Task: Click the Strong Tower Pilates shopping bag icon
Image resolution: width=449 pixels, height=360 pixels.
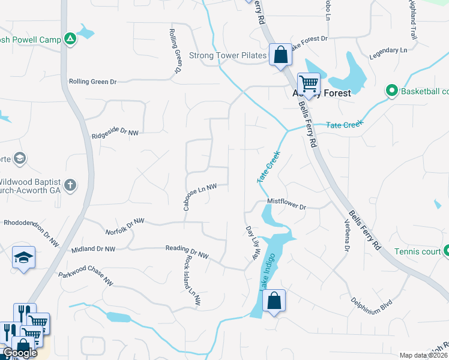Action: [280, 55]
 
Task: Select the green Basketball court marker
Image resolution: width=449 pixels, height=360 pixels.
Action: [392, 91]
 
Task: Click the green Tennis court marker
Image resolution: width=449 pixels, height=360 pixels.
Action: [445, 251]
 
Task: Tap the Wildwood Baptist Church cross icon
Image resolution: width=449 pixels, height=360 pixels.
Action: [70, 184]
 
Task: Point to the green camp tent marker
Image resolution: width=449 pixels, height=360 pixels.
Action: [70, 39]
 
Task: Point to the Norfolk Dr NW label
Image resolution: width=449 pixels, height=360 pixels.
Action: [125, 226]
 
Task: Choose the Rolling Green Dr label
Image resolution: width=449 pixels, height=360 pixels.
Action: [92, 81]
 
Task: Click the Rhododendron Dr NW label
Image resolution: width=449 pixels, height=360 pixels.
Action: [31, 232]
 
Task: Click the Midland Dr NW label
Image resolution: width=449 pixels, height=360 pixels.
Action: [92, 248]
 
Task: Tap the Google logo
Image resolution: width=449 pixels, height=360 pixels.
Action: [20, 353]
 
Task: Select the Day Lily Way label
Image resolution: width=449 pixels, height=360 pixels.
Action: [251, 242]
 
